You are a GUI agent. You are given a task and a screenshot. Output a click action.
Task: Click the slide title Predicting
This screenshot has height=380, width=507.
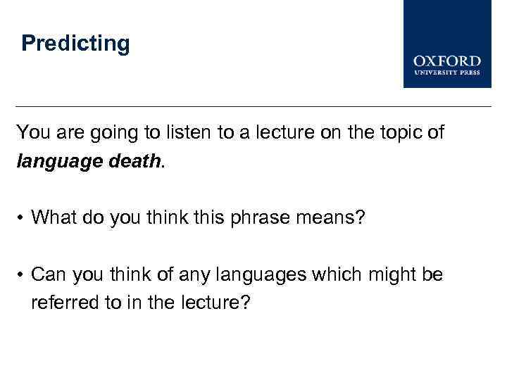coord(75,44)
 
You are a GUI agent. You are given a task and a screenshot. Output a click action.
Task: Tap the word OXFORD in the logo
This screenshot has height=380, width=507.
coord(447,61)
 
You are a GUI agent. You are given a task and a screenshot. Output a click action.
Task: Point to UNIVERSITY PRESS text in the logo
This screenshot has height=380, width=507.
coord(447,72)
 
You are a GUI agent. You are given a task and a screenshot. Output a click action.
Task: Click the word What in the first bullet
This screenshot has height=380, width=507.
coord(54,217)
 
